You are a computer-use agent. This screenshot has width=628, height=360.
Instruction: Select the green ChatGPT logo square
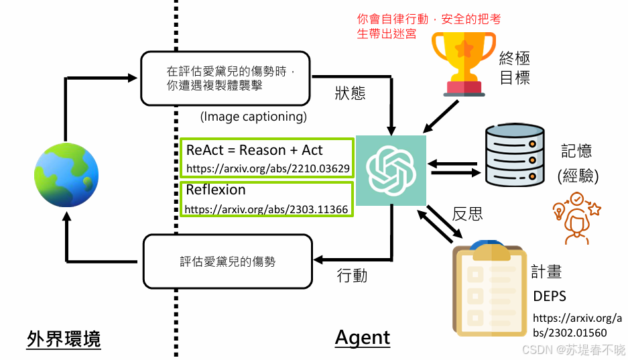pyautogui.click(x=391, y=170)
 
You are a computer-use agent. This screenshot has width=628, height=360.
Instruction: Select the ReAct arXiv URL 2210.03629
pyautogui.click(x=267, y=168)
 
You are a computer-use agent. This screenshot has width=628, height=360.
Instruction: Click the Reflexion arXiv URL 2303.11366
pyautogui.click(x=266, y=209)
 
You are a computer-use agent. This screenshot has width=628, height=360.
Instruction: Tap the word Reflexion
pyautogui.click(x=216, y=190)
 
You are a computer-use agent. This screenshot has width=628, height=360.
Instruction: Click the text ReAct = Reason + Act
pyautogui.click(x=254, y=149)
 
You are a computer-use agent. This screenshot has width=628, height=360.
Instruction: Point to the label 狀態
pyautogui.click(x=350, y=93)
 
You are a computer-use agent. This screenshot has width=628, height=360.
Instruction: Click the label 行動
pyautogui.click(x=352, y=275)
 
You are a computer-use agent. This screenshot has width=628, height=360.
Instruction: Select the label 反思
pyautogui.click(x=468, y=214)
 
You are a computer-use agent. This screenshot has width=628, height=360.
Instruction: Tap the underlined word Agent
pyautogui.click(x=363, y=337)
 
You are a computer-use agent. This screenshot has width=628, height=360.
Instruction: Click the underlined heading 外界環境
pyautogui.click(x=64, y=339)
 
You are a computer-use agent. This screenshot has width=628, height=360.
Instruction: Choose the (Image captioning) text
pyautogui.click(x=253, y=117)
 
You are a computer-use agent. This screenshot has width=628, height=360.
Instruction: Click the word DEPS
pyautogui.click(x=550, y=296)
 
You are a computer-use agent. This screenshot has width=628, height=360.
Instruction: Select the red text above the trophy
pyautogui.click(x=429, y=26)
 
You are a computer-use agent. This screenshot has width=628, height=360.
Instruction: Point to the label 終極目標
pyautogui.click(x=515, y=69)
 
